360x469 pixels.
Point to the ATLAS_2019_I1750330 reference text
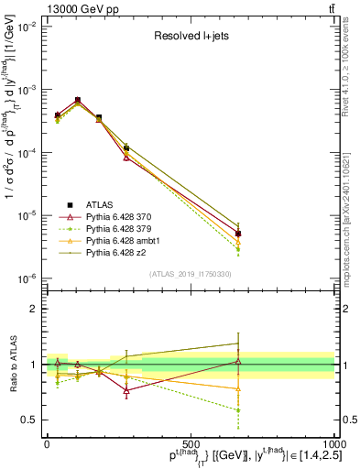tap(190, 274)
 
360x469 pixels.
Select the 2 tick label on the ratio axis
tap(34, 309)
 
